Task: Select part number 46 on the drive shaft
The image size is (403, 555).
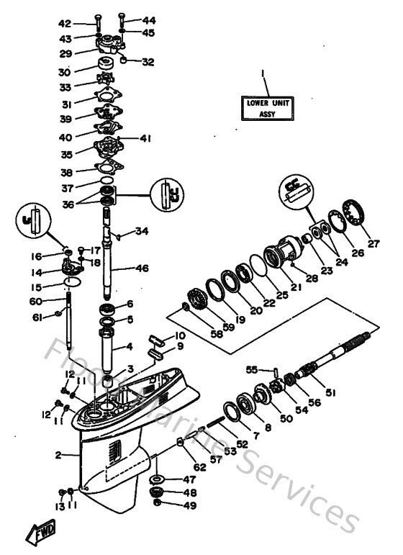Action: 142,269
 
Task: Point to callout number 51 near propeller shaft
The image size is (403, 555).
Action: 330,393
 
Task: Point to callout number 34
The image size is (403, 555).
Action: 142,231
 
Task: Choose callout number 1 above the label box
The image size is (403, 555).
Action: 263,73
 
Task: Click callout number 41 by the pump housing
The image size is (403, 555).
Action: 145,137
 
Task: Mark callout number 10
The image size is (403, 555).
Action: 180,336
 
